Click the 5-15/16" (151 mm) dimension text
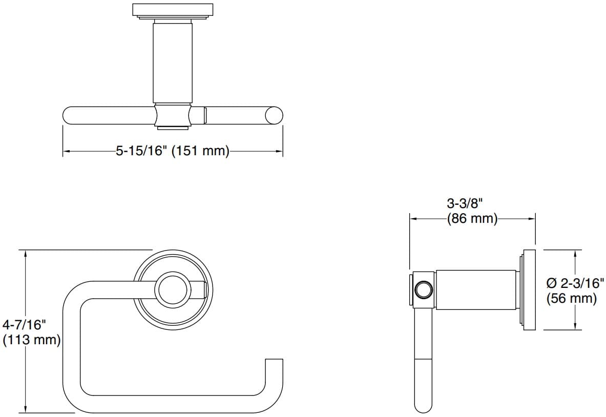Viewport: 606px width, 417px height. pos(172,151)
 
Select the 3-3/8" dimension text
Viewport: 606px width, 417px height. pos(465,203)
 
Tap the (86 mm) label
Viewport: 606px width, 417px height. pos(472,219)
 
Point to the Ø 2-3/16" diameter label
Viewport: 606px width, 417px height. pos(575,282)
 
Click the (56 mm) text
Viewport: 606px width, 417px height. pos(571,298)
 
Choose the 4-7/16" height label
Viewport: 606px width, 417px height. pos(24,324)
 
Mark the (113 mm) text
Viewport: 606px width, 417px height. pos(32,340)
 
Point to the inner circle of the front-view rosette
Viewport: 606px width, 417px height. pos(172,289)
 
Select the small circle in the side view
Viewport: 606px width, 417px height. pos(424,290)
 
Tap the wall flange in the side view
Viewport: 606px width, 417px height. pos(529,290)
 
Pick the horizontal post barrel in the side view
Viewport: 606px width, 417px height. pos(475,290)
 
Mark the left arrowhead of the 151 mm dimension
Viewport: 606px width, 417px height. pos(66,151)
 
